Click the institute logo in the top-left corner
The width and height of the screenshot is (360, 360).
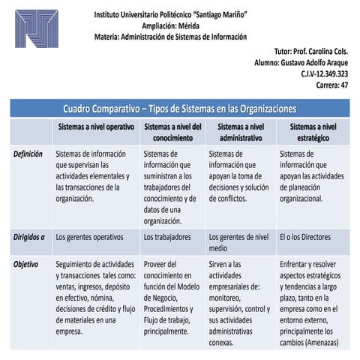pos(40,37)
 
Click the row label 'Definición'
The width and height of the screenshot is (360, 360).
pos(28,154)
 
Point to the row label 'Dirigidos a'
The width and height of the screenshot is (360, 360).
pos(29,236)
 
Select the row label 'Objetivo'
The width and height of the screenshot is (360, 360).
pos(26,264)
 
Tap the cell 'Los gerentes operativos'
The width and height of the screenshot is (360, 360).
pos(89,236)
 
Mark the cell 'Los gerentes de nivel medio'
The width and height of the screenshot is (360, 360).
pos(238,241)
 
